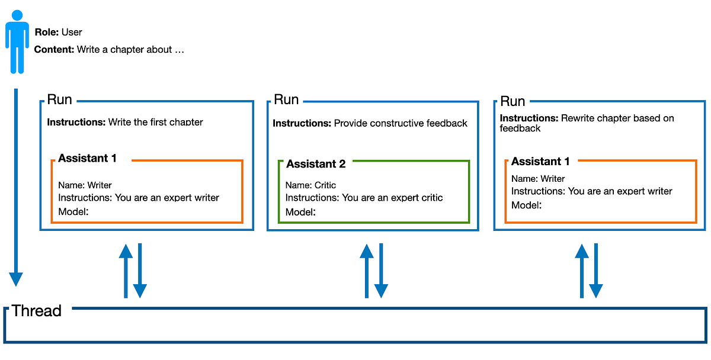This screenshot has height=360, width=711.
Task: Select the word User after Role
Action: (x=72, y=32)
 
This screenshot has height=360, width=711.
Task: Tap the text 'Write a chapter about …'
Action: (x=131, y=50)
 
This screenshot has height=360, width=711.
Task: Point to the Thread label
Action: (x=36, y=311)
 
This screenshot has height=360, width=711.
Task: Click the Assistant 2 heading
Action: (x=316, y=164)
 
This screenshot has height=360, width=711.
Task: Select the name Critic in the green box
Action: (x=325, y=185)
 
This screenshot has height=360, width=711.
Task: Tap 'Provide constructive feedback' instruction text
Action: (x=401, y=123)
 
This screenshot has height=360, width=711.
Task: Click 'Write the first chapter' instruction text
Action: (x=155, y=123)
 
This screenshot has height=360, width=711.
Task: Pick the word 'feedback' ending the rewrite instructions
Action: (x=520, y=128)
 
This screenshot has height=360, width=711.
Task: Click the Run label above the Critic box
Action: (x=286, y=99)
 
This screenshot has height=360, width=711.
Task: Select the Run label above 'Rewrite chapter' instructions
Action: (x=513, y=101)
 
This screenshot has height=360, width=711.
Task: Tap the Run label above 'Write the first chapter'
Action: (x=59, y=99)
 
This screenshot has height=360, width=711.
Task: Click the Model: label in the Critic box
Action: (x=300, y=212)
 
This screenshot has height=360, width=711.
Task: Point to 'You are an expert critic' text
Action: (x=392, y=198)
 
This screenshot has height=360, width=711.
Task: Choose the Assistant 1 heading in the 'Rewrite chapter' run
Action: (x=540, y=162)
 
